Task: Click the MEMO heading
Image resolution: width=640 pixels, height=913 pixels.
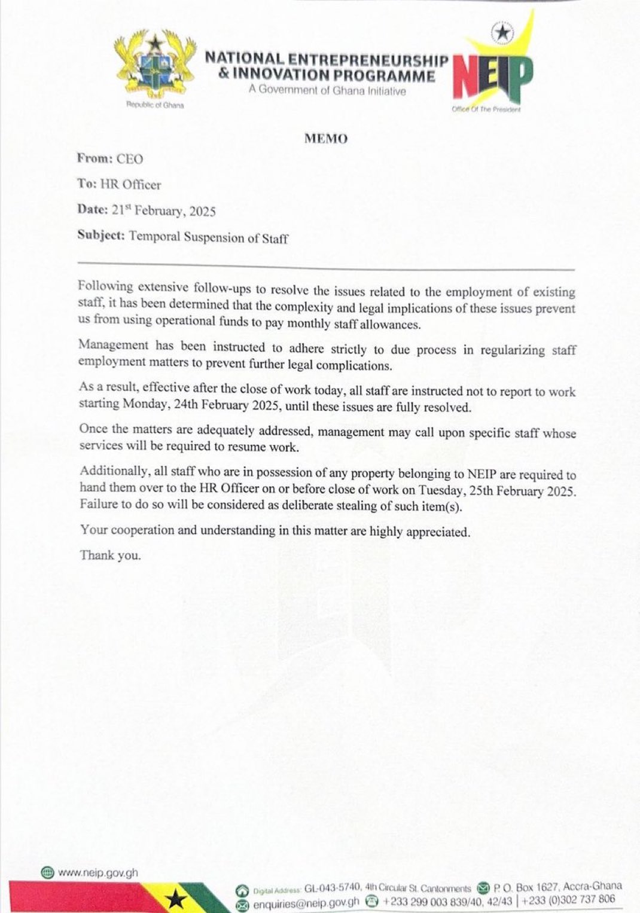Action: tap(325, 139)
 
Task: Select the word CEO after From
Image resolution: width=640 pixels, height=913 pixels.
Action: tap(130, 159)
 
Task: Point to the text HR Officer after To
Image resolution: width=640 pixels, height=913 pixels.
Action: tap(130, 185)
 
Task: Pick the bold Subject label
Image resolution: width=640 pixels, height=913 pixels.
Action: tap(100, 236)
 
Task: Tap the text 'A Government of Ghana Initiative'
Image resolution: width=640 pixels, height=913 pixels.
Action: tap(327, 91)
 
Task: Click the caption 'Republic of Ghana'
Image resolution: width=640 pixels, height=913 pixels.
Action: tap(155, 105)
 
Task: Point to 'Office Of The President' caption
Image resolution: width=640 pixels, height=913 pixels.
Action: tap(486, 110)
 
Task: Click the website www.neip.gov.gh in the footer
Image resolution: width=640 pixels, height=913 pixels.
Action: tap(97, 872)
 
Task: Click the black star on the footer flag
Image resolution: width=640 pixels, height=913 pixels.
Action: tap(175, 898)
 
